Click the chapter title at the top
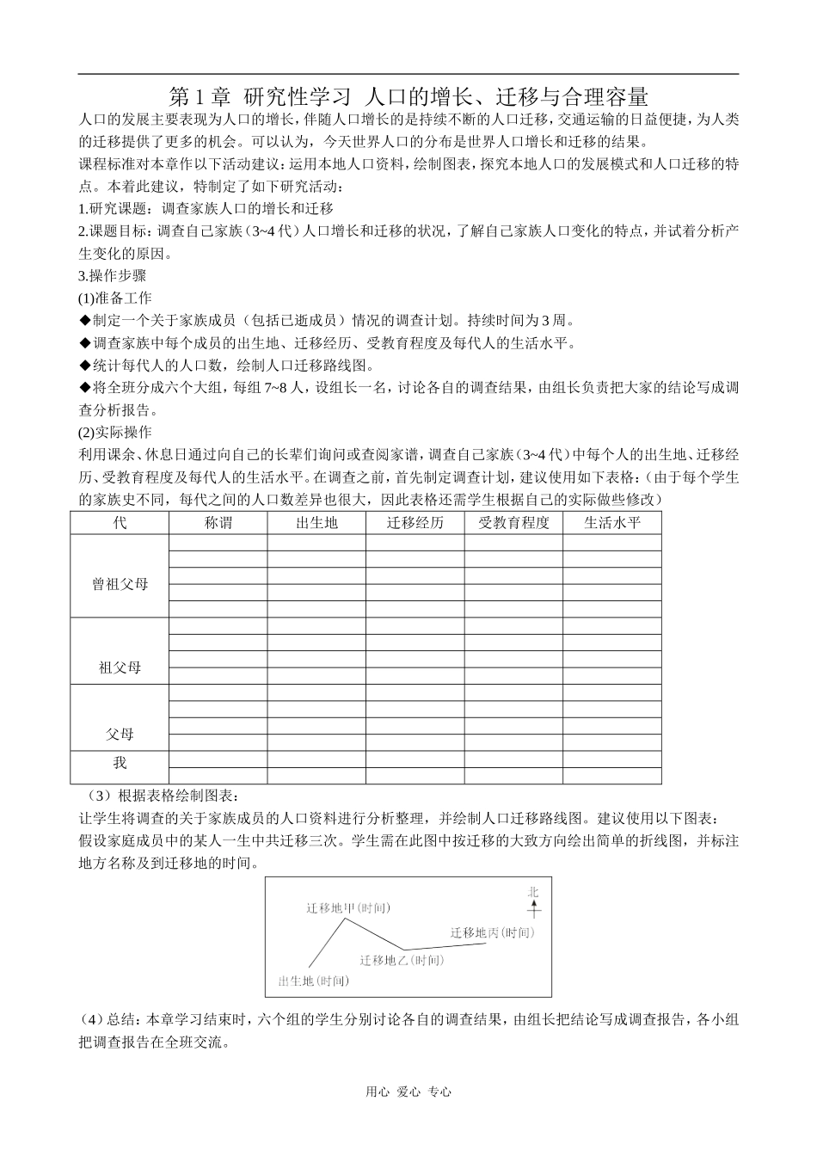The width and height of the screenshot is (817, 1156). [408, 95]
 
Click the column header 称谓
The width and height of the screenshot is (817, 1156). [218, 523]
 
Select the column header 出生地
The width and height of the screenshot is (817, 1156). [316, 523]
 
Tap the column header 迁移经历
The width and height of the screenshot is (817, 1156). [415, 523]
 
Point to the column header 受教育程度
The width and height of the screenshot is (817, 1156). [513, 523]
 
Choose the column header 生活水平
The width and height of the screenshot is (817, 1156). [612, 523]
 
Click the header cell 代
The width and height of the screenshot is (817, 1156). [120, 523]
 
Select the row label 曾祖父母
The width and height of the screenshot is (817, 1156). [120, 584]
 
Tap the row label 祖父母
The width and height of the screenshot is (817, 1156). [120, 667]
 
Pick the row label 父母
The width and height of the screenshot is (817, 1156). [120, 735]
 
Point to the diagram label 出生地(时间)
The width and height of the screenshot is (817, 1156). [314, 981]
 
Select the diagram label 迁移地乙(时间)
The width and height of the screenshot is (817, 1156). [401, 960]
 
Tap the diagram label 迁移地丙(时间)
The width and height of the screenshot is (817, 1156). [492, 932]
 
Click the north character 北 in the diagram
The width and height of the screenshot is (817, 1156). [533, 892]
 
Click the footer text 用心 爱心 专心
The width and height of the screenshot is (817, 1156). [408, 1091]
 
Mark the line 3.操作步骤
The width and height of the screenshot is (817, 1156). [112, 275]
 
